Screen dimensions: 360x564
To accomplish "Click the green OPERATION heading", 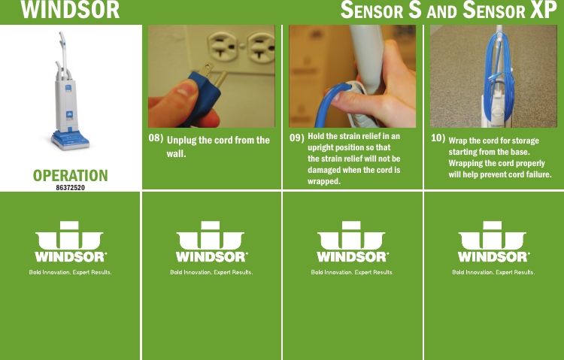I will coord(70,175).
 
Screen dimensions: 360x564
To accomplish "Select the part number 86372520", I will coord(70,186).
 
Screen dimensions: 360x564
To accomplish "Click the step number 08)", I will coord(155,138).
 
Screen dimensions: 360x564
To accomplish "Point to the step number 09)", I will coord(296,138).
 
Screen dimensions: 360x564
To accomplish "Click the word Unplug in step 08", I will coord(181,141).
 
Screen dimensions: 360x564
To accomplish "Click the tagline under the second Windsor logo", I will coord(211,272).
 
